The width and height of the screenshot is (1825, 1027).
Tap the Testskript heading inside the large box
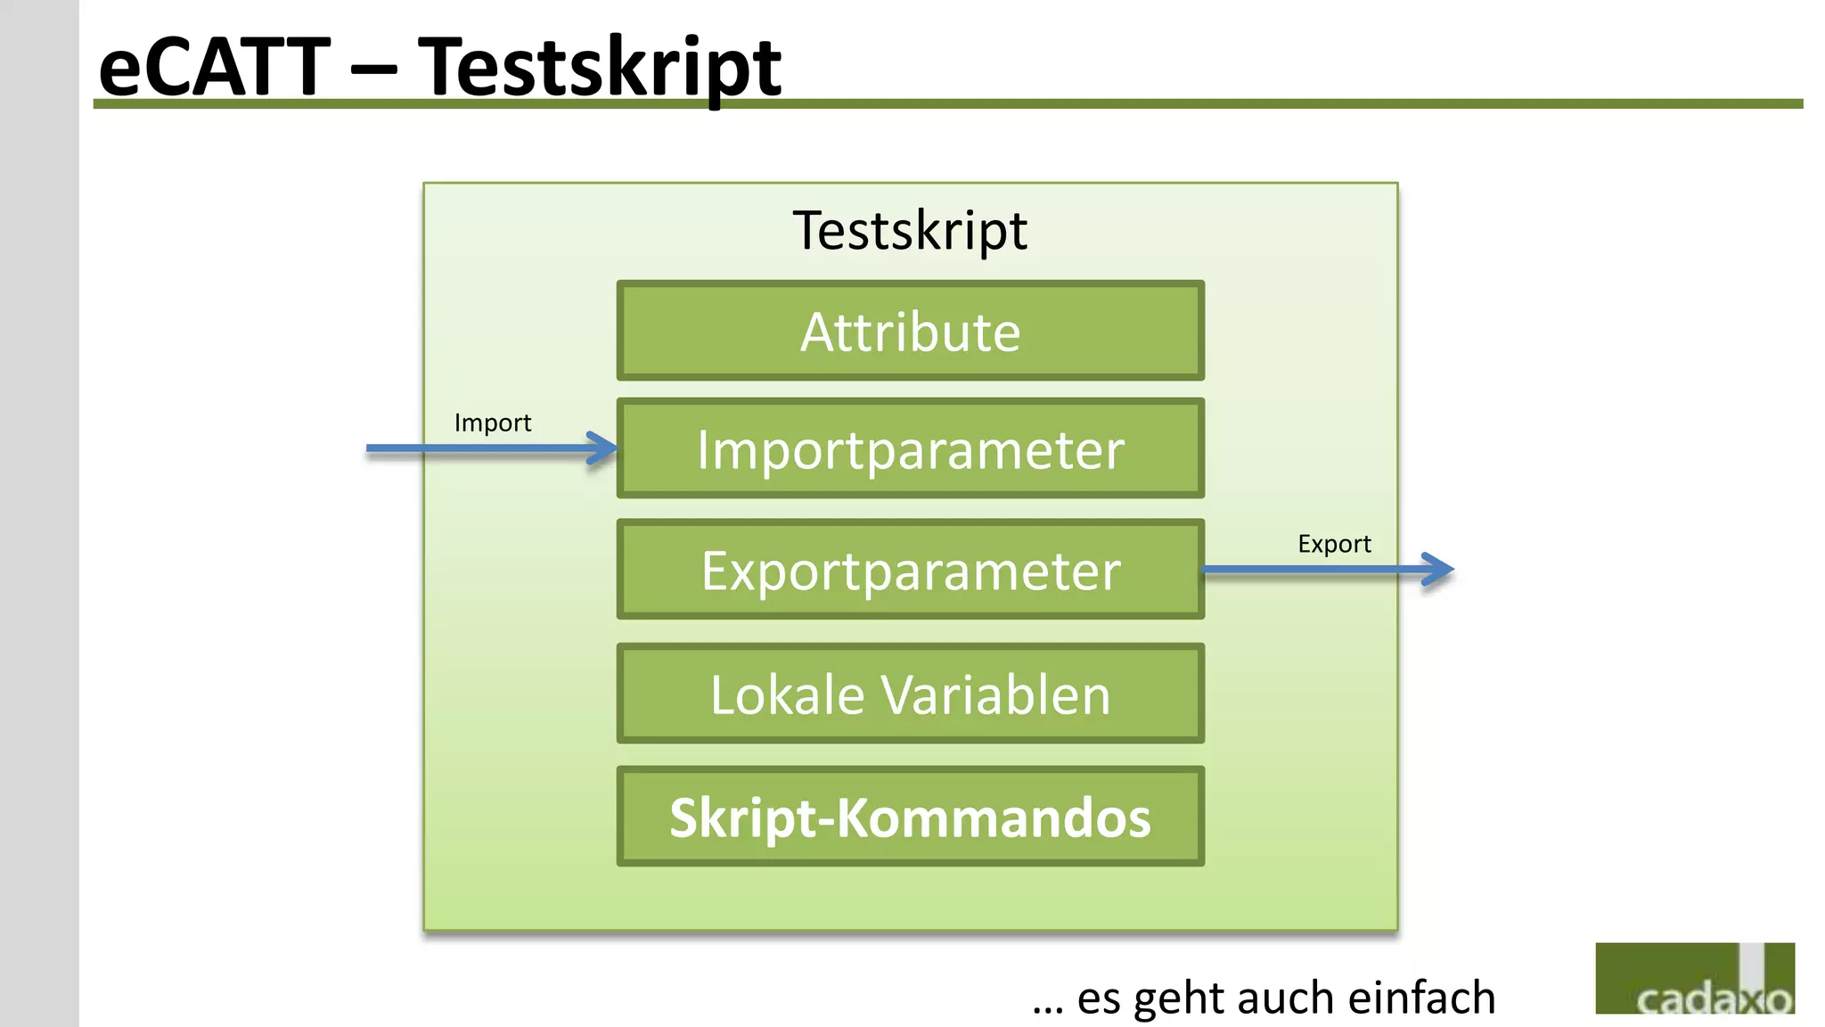point(910,230)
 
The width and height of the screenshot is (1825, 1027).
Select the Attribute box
point(910,332)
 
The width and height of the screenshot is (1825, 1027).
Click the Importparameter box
point(910,448)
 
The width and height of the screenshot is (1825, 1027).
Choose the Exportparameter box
point(910,570)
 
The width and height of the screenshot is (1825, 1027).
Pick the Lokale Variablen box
point(910,694)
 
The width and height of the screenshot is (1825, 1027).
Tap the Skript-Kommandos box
point(910,817)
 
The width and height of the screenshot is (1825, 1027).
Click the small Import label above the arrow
point(492,423)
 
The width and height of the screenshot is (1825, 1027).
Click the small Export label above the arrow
point(1334,544)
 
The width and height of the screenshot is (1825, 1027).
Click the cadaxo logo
point(1694,979)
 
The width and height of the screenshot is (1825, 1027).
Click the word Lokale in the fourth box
point(787,694)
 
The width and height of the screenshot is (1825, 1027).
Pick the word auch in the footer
point(1286,997)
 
